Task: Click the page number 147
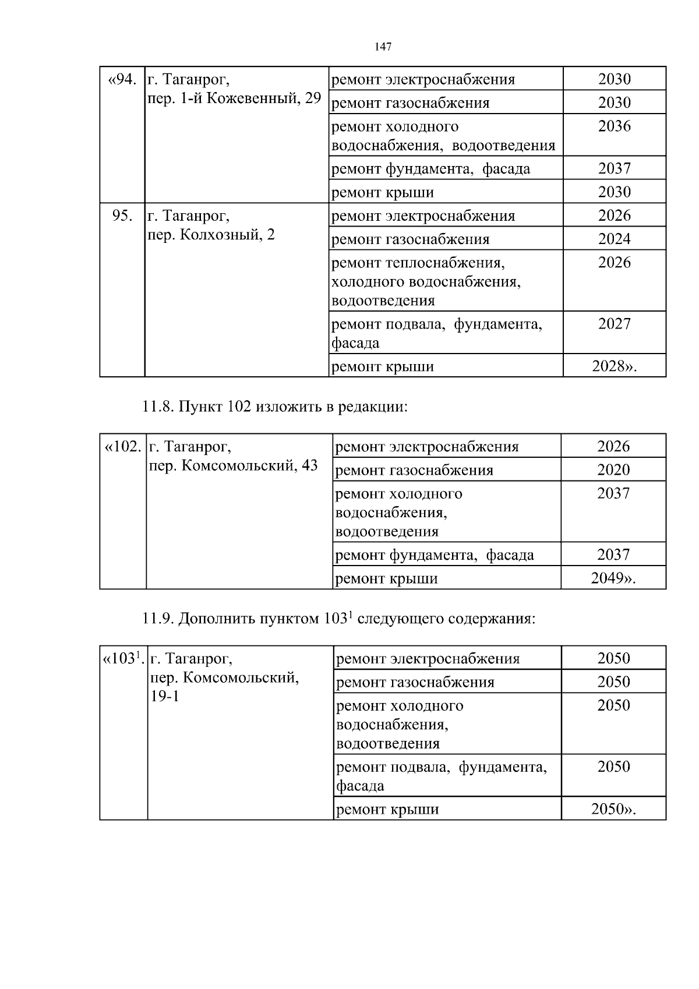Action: click(x=383, y=47)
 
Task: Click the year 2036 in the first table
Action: click(x=614, y=126)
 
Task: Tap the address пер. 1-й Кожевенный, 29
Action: click(x=234, y=98)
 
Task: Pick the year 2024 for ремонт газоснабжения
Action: click(x=614, y=239)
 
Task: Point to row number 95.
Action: click(x=122, y=216)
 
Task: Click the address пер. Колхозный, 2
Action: click(x=211, y=235)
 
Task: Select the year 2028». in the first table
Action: click(x=614, y=366)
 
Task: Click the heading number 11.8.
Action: click(x=157, y=406)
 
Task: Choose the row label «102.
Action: click(x=123, y=447)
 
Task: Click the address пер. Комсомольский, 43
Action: click(x=234, y=465)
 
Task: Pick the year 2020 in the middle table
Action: click(x=613, y=470)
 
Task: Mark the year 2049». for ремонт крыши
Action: click(x=613, y=578)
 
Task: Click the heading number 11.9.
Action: click(x=157, y=618)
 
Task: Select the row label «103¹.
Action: click(x=123, y=659)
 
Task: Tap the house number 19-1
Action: click(x=165, y=696)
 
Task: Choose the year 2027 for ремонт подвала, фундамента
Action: click(x=614, y=324)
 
